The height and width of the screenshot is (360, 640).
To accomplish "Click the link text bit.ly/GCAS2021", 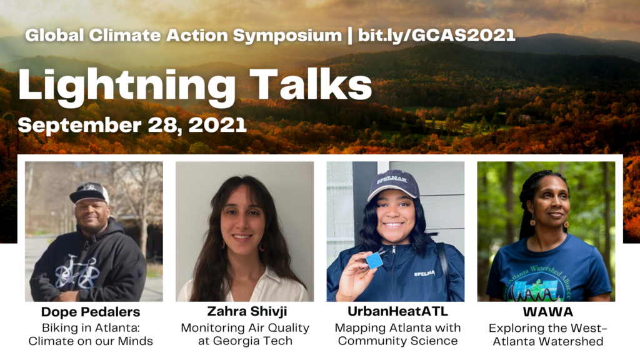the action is click(437, 36).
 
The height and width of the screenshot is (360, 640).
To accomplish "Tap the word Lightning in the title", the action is click(127, 86).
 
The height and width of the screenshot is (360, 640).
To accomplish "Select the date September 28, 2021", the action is click(132, 125).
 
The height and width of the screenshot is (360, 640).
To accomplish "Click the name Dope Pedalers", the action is click(91, 312).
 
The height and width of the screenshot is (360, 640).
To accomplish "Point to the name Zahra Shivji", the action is click(247, 311).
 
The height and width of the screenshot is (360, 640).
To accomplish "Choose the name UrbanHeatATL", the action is click(397, 311).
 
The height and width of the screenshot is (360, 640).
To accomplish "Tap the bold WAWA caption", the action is click(547, 312).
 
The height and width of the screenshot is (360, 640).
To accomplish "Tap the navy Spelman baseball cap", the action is click(392, 184).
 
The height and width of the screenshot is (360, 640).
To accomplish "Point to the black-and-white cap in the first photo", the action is click(89, 192).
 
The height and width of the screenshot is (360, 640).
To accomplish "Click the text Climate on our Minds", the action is click(91, 341).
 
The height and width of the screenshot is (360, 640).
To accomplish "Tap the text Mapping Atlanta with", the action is click(397, 327).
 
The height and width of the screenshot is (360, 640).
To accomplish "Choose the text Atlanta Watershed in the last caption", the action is click(547, 341).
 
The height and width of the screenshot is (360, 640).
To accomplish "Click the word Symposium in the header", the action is click(287, 36).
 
